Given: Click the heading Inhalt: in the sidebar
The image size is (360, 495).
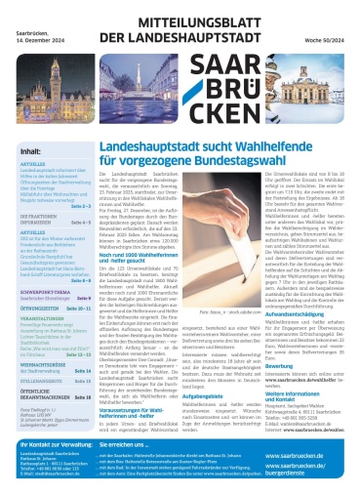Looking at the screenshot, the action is point(31,153).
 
